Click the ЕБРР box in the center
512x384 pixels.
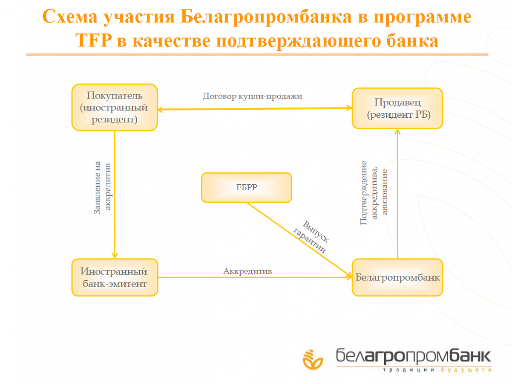point(247,188)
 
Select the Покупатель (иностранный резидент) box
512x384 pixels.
point(115,107)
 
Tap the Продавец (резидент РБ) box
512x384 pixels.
point(397,108)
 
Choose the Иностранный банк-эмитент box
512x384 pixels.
point(115,277)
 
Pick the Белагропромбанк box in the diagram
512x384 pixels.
point(397,277)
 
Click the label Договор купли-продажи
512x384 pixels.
point(253,96)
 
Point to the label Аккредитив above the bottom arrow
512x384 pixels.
point(247,271)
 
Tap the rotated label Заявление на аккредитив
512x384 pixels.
point(102,187)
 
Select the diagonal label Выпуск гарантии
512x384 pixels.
point(311,237)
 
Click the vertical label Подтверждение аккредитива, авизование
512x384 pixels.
point(374,193)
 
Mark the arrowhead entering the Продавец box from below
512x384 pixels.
point(397,132)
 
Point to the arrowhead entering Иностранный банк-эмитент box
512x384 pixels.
point(115,255)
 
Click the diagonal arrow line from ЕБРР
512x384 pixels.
point(299,240)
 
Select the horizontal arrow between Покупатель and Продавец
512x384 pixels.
point(255,109)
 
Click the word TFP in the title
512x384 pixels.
point(94,40)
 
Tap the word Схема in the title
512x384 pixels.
point(70,17)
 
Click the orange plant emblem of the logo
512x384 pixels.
point(313,360)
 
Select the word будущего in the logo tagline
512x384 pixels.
point(466,370)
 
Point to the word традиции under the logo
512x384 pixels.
point(408,370)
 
